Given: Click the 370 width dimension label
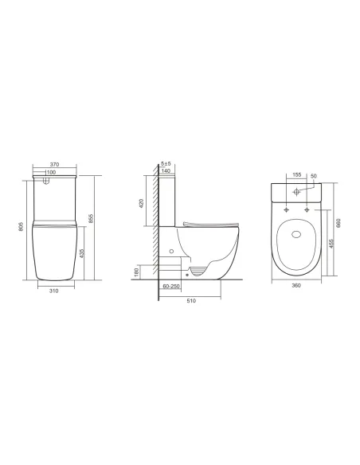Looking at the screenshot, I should [x=57, y=163].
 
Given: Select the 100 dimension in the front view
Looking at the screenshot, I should [x=51, y=173].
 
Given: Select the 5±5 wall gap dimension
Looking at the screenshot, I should [x=166, y=163].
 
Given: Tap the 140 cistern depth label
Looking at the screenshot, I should [x=166, y=171].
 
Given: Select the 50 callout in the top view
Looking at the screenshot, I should [x=314, y=174].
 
